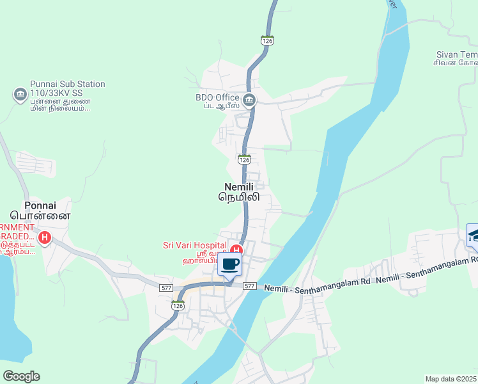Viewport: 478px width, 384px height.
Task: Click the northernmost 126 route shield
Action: coord(267,40)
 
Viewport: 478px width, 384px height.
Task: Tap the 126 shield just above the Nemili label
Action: coord(243,159)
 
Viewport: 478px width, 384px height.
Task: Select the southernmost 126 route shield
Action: coord(178,305)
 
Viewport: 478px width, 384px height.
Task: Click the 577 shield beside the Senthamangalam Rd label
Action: coord(249,286)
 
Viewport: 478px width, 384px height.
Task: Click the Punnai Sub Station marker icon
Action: coord(20,95)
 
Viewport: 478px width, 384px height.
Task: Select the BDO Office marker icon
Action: coord(249,100)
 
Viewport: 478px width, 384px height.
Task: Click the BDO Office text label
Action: coord(217,97)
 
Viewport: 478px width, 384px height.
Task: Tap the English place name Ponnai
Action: coord(40,205)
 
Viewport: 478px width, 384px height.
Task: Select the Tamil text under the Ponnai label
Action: coord(40,216)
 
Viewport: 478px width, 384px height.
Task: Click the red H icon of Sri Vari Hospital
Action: coord(236,250)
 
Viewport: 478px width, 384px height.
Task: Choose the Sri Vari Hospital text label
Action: coord(194,245)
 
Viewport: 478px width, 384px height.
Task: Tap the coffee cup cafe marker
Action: coord(230,264)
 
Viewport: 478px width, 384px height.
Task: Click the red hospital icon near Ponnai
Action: coord(45,239)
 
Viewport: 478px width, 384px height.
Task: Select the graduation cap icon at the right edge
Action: coord(473,236)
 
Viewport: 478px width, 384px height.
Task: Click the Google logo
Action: coord(21,376)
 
